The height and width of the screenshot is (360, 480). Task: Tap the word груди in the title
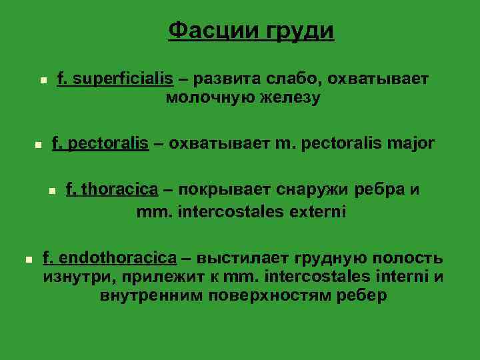click(x=300, y=32)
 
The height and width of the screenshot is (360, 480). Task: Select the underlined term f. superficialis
click(x=115, y=79)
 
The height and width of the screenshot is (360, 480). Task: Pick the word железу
click(x=287, y=99)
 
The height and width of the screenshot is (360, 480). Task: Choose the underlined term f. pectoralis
click(x=100, y=143)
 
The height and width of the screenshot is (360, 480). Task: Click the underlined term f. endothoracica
click(x=110, y=258)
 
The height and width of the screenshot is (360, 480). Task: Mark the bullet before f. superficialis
click(x=43, y=80)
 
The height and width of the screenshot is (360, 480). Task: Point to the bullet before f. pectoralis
click(x=38, y=144)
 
